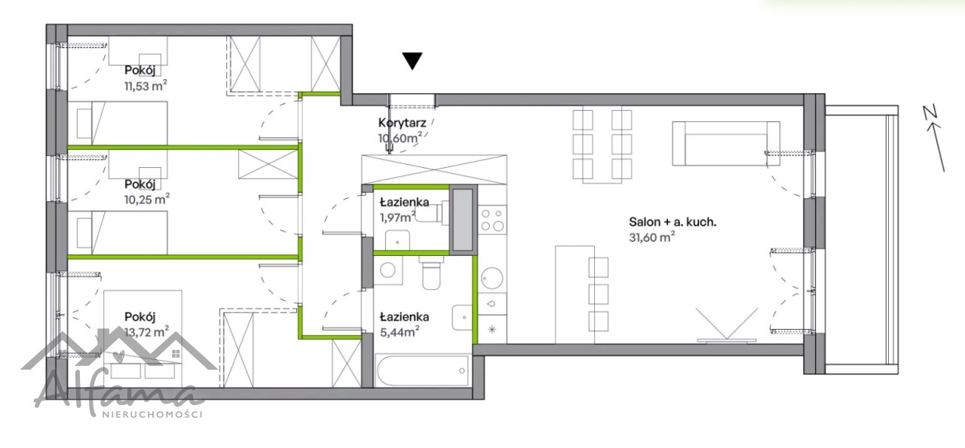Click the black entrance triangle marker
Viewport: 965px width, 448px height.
(x=412, y=60)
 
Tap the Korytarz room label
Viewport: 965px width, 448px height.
(x=403, y=123)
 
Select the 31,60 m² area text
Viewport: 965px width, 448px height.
(x=652, y=237)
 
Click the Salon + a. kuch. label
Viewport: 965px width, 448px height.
(x=672, y=222)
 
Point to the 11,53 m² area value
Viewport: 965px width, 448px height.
(x=146, y=86)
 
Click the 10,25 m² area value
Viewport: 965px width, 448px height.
(x=147, y=200)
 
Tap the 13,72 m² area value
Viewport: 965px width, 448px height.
(x=146, y=332)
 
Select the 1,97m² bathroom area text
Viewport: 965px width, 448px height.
(x=397, y=218)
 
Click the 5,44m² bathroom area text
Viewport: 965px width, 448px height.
(x=400, y=332)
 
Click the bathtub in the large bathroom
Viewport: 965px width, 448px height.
(x=422, y=370)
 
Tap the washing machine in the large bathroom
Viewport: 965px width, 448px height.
(x=388, y=270)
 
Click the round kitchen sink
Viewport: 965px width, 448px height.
(x=492, y=278)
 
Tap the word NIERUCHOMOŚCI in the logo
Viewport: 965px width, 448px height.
(x=152, y=414)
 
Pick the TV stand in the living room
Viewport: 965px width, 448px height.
(x=727, y=341)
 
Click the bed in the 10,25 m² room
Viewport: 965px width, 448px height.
(x=118, y=233)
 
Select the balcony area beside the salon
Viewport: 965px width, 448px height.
(x=862, y=239)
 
